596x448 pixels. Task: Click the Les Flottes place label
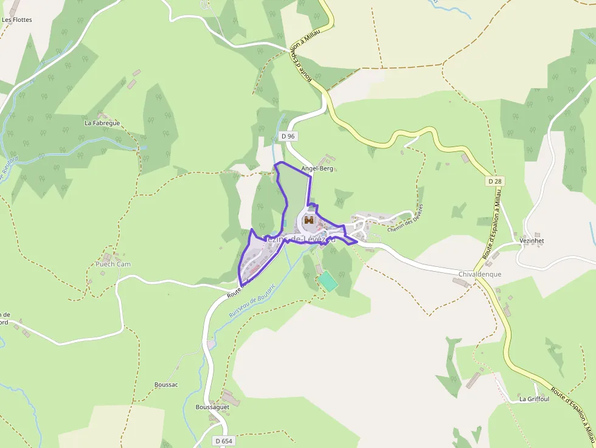16,19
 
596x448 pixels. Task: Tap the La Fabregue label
102,123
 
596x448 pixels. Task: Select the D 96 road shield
288,137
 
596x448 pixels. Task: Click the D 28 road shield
494,181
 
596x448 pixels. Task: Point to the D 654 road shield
223,440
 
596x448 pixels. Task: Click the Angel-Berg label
317,168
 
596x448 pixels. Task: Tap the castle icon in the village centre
309,221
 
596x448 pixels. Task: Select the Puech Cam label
113,264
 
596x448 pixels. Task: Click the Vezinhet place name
532,241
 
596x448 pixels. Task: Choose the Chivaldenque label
480,274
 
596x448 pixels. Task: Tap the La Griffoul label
534,399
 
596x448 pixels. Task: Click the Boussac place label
166,385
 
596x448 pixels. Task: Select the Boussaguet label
212,407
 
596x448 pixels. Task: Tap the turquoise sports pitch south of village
327,281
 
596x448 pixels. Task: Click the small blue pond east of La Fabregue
144,146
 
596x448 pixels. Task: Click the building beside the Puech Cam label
107,257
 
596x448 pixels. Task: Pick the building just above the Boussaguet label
230,398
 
